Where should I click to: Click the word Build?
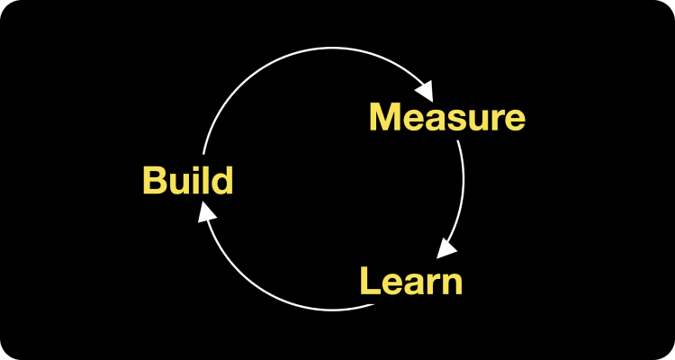click(188, 180)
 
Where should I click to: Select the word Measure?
click(446, 118)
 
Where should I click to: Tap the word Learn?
click(411, 281)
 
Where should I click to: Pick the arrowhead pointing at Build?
click(207, 211)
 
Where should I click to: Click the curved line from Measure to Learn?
click(463, 189)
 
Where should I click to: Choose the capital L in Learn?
click(370, 281)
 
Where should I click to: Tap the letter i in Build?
click(194, 180)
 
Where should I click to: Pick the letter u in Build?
click(179, 184)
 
